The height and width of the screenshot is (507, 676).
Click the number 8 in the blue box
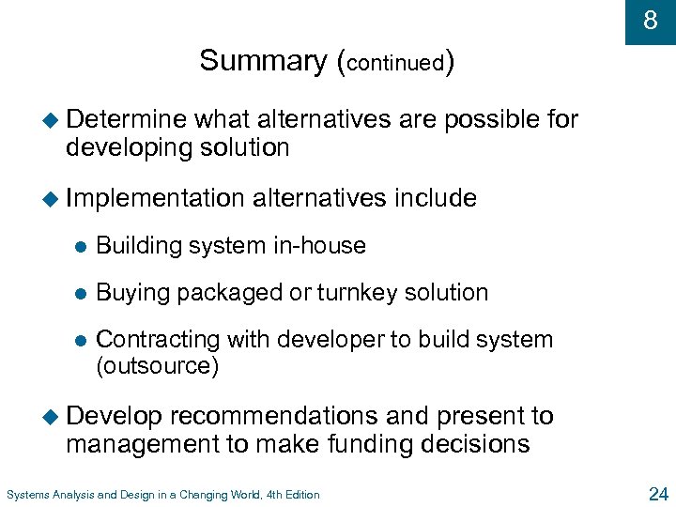tap(650, 20)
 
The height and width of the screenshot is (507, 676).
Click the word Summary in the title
tap(263, 61)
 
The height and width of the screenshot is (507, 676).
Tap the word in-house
tap(319, 246)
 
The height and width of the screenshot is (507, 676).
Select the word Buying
tap(133, 293)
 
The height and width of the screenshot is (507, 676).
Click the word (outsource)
tap(158, 366)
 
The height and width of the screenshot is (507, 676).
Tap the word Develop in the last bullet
tap(115, 416)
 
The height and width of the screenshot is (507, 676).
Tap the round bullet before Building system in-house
tap(80, 247)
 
